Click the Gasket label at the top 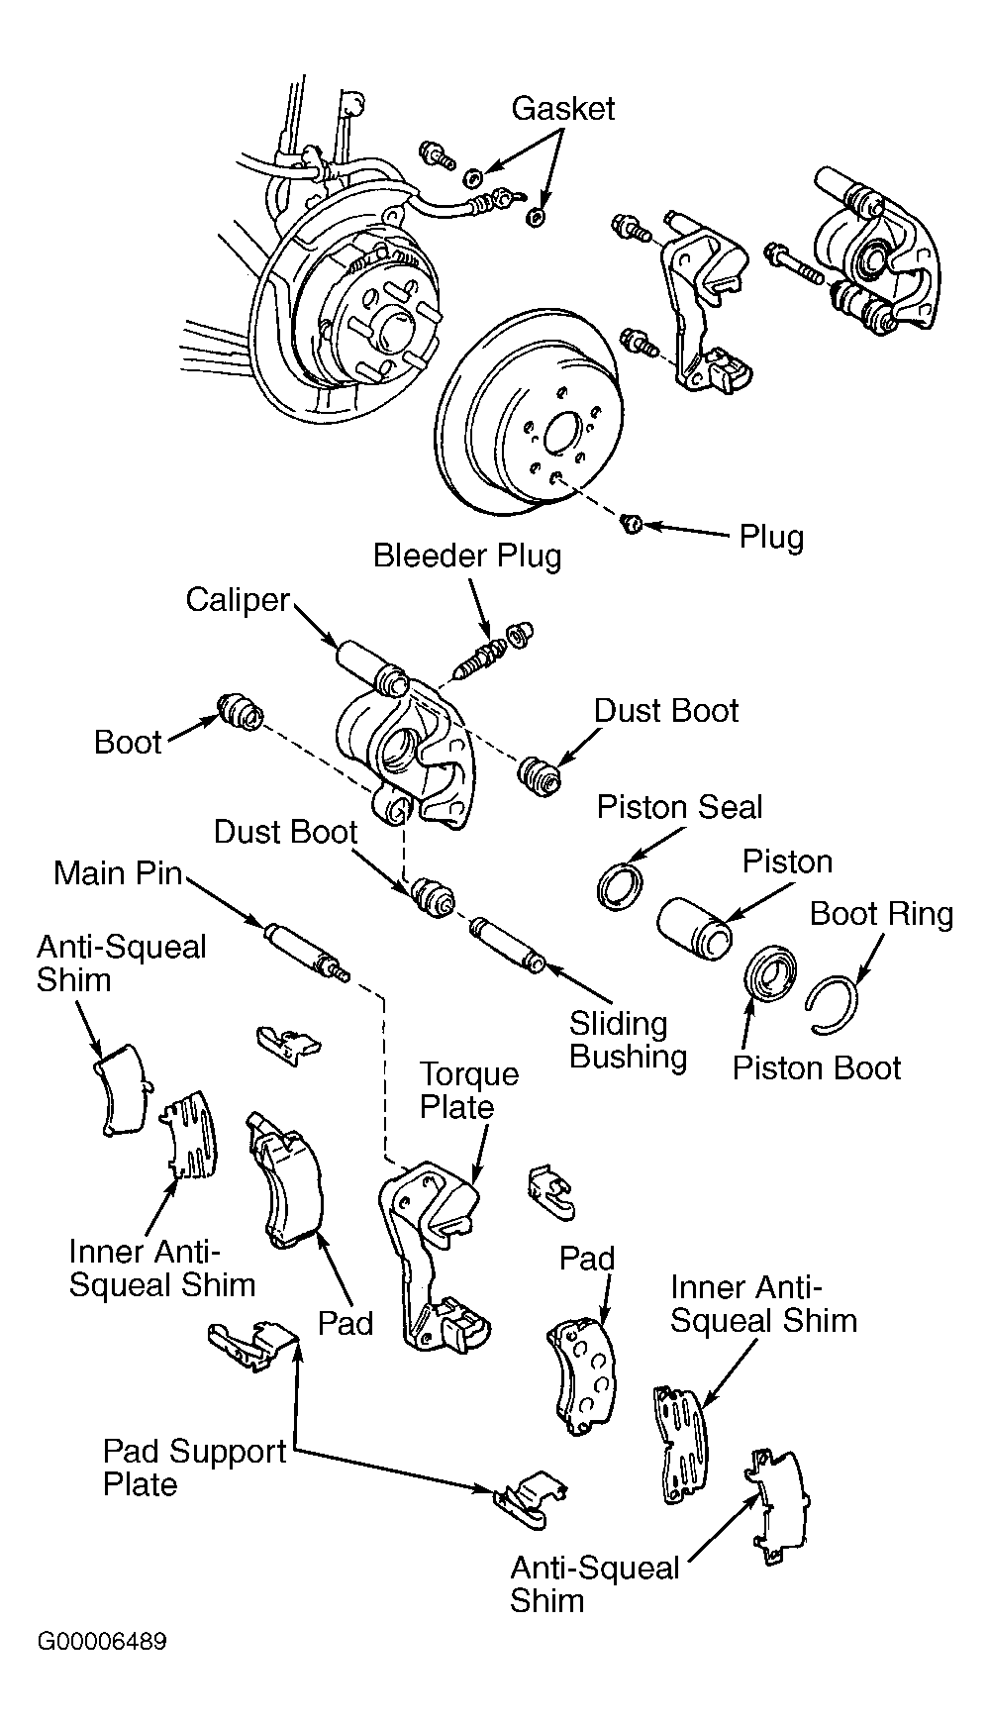[562, 108]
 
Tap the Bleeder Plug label [467, 555]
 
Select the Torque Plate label [469, 1090]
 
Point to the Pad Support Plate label [195, 1468]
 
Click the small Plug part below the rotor [631, 522]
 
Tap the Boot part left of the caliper [240, 710]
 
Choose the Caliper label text [238, 600]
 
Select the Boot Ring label [881, 913]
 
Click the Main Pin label [118, 872]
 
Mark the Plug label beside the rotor [771, 538]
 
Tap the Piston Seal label [679, 806]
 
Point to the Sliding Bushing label [628, 1040]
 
